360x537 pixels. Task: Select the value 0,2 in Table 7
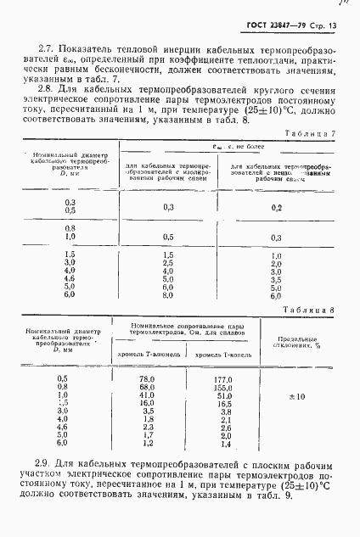(276, 207)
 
